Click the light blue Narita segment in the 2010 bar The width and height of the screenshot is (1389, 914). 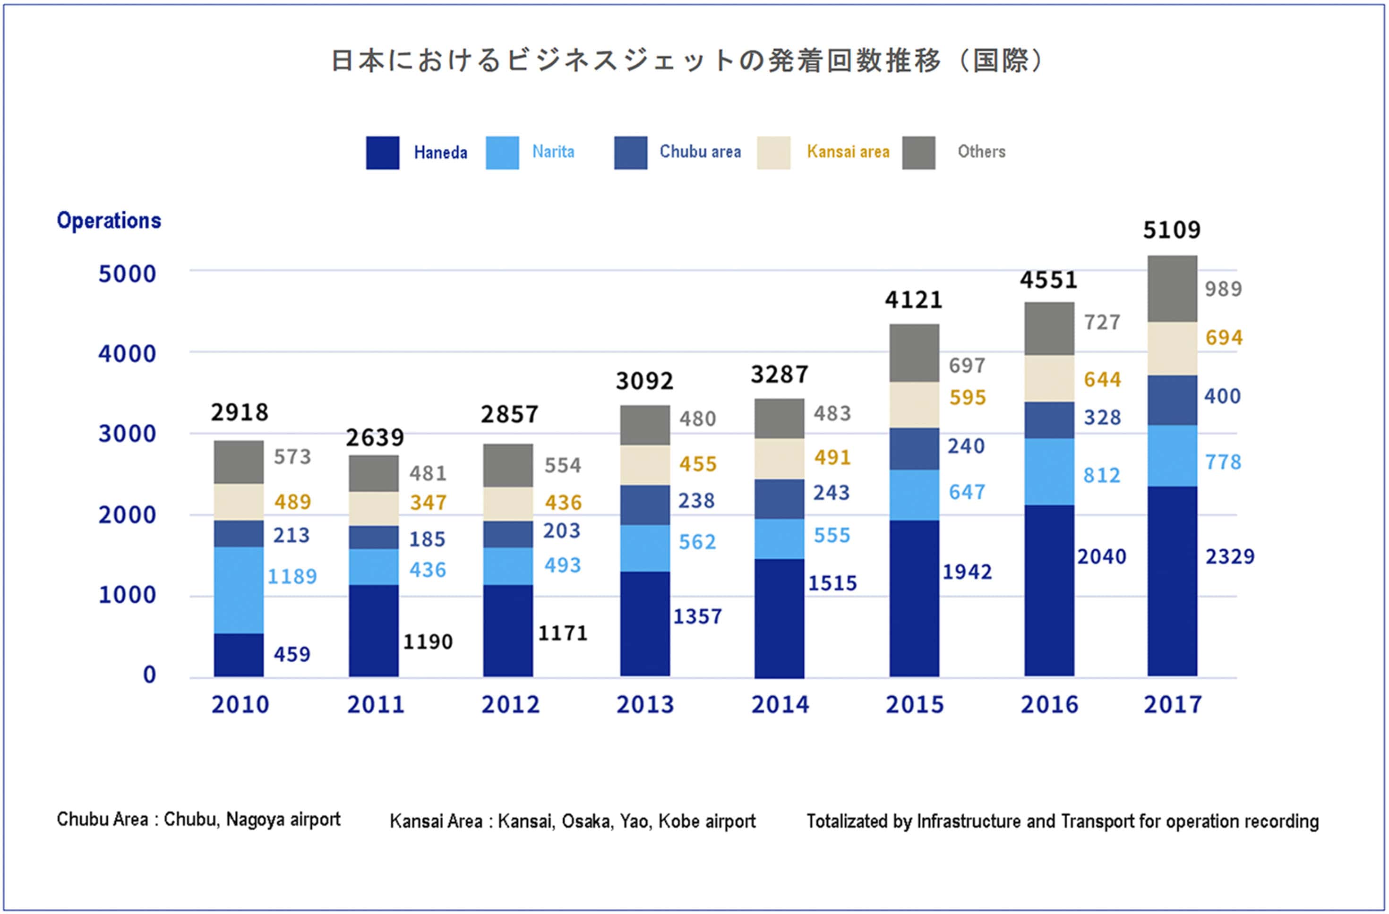click(238, 589)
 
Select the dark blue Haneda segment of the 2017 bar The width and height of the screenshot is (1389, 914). click(1172, 581)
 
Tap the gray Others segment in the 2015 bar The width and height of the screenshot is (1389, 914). click(914, 353)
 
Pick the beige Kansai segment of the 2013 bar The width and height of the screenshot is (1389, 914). click(644, 465)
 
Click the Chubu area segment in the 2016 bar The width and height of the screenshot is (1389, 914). click(1049, 419)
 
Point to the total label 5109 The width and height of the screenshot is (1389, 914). click(1171, 230)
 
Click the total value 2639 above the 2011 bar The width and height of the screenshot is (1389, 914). click(375, 437)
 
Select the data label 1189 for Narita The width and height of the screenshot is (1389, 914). click(292, 577)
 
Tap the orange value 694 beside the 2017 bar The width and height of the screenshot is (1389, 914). click(1224, 337)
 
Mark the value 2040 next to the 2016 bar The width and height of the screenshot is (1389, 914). click(1101, 557)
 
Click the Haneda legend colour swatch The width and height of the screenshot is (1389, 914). click(382, 153)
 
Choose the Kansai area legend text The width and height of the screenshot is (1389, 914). click(848, 152)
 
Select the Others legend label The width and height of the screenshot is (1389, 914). click(981, 152)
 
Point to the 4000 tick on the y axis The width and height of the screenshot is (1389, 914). click(127, 354)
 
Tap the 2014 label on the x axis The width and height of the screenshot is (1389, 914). click(780, 704)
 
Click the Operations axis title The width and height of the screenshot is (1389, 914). click(109, 221)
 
